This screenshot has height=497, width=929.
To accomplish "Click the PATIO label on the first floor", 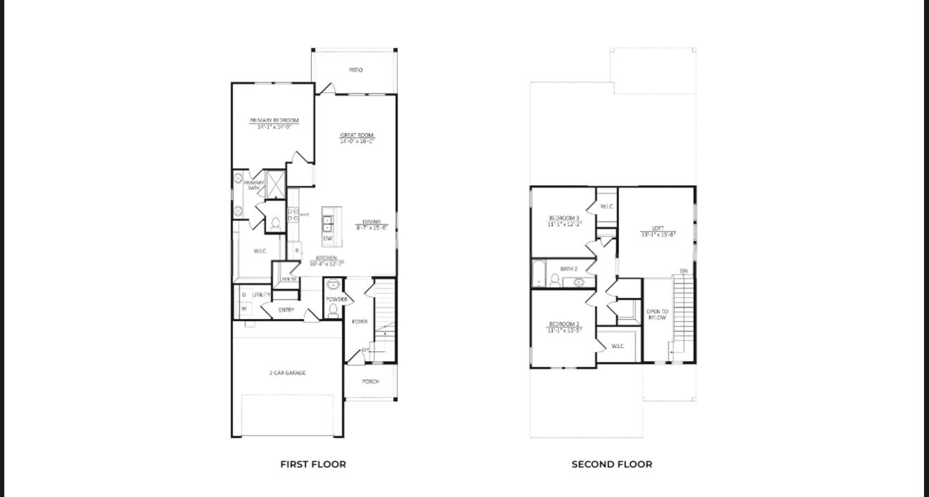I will coord(356,70).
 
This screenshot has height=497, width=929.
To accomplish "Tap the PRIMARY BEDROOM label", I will coord(274,120).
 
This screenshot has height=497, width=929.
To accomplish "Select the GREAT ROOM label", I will coord(357,135).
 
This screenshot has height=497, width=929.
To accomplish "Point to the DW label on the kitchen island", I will coord(328,239).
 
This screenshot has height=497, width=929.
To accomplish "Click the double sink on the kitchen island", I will coord(328,223).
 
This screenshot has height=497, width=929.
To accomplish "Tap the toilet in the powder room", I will coord(333,310).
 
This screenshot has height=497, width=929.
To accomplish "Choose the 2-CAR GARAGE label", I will coord(287,373).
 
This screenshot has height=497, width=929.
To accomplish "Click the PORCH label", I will coord(370,382).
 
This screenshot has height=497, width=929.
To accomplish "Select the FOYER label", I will coord(359,322).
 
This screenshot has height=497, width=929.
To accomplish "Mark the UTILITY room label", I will coord(261,295).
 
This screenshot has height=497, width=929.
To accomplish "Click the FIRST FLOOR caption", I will coord(313,465).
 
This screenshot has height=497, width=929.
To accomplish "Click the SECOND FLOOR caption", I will coord(611,465).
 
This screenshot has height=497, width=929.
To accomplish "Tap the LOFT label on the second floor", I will coord(658,228).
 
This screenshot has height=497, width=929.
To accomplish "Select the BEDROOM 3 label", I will coord(564,218).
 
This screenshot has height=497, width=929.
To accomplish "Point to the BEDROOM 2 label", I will coord(564,324).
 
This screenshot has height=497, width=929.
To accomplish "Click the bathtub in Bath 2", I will coord(539,275).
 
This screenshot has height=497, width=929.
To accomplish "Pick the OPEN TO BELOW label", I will coord(657,315).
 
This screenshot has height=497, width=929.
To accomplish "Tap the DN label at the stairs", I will coord(683,271).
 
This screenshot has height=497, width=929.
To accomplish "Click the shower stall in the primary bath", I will coord(275,184).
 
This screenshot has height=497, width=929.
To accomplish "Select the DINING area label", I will coord(371,222).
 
